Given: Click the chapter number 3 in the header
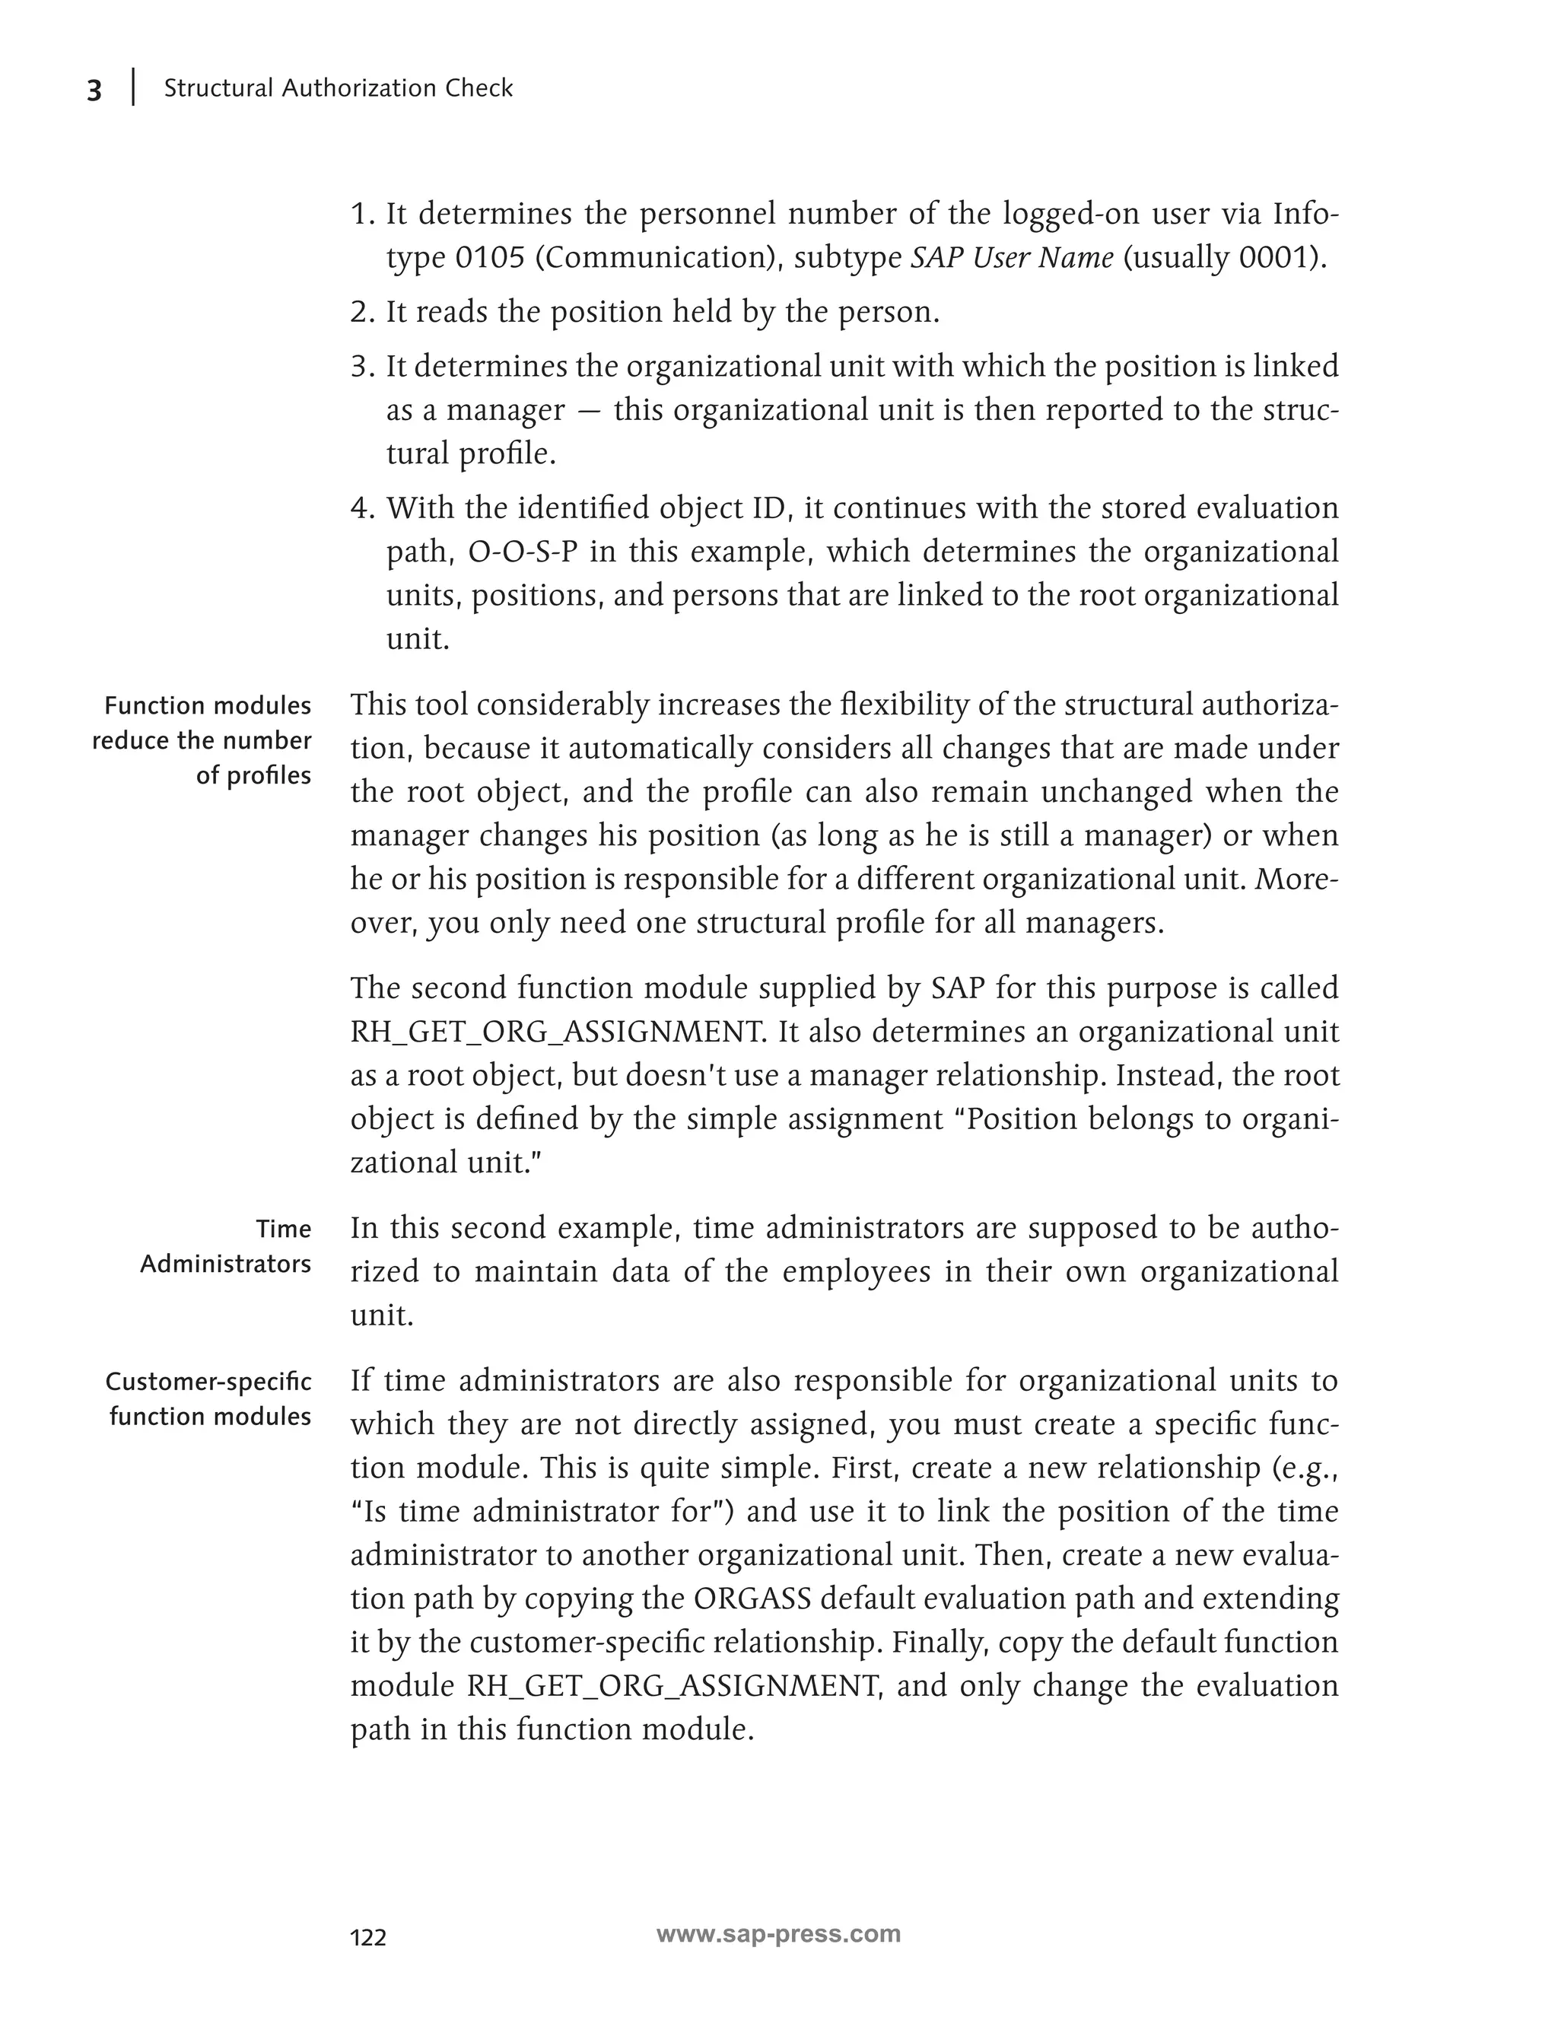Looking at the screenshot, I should tap(94, 91).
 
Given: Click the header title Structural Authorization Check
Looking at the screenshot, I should tap(338, 88).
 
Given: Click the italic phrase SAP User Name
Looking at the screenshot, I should tap(1012, 257).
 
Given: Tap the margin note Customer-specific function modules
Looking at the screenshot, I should tap(208, 1398).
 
